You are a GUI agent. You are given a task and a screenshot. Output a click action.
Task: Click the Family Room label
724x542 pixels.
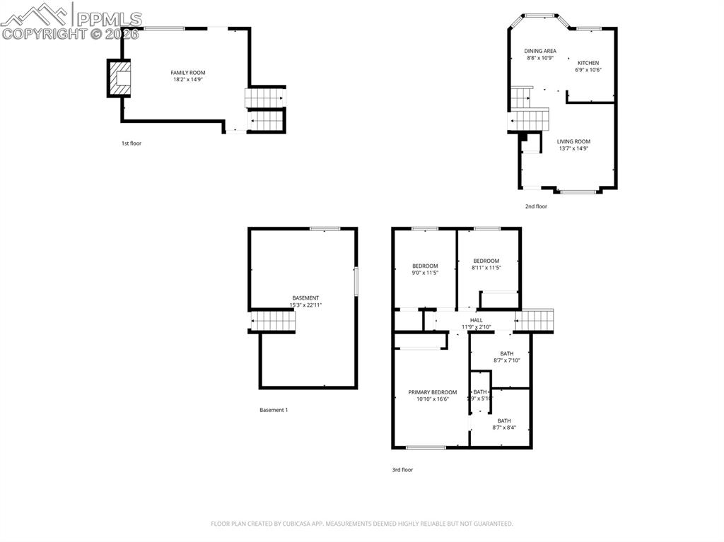point(188,73)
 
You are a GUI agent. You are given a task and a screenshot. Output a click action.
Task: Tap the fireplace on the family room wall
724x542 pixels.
point(119,78)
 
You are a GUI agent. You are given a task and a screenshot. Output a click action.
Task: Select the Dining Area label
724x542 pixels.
point(540,51)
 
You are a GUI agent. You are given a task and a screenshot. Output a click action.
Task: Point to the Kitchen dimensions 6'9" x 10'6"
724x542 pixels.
point(588,70)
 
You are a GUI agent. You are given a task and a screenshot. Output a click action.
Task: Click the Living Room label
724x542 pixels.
point(573,141)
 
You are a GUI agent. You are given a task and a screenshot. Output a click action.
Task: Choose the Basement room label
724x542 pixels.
point(305,297)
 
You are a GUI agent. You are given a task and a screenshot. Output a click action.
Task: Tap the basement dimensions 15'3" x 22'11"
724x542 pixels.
point(305,305)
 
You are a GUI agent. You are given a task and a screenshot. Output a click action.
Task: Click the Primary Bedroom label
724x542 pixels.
point(433,392)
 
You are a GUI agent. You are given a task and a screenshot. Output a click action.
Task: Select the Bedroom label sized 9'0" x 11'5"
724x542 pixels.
point(425,266)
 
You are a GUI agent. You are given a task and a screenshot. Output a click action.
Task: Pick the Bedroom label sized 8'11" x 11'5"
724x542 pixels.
point(486,261)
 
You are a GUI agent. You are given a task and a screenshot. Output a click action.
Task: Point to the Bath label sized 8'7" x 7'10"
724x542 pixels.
point(506,353)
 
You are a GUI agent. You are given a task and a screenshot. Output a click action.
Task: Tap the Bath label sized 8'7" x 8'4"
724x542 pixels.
point(503,420)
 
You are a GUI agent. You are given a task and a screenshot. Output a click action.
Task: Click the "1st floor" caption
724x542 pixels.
point(131,143)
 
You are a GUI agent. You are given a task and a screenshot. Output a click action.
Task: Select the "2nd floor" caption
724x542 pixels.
point(536,206)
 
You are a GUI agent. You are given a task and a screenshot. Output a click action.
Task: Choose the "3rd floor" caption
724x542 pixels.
point(402,469)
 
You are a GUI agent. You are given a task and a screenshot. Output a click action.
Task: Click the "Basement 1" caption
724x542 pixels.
point(274,410)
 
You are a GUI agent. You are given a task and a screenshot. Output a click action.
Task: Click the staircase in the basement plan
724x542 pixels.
point(273,322)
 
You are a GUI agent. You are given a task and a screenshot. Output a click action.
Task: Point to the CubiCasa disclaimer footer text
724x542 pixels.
point(362,524)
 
